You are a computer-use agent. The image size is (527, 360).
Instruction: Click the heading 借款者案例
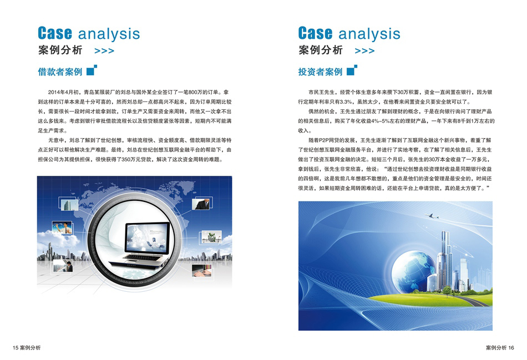[x=60, y=72]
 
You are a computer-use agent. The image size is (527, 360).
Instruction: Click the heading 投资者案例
[x=320, y=72]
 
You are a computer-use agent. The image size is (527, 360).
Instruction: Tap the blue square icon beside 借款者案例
[x=92, y=70]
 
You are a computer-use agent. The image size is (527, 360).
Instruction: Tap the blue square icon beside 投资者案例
[x=352, y=70]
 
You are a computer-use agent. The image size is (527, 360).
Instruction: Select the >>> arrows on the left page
[x=104, y=51]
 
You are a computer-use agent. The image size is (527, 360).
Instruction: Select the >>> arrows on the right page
[x=364, y=51]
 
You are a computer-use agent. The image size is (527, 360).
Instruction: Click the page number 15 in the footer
[x=16, y=348]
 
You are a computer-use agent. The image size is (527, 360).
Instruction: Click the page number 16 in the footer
[x=511, y=348]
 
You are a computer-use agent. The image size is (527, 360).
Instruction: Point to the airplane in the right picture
[x=432, y=216]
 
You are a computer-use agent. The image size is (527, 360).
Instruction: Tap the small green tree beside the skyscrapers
[x=447, y=291]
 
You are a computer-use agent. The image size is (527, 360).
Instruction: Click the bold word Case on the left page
[x=55, y=33]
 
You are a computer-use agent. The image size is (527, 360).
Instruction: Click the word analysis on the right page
[x=369, y=34]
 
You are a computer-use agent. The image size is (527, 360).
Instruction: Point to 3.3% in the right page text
[x=346, y=102]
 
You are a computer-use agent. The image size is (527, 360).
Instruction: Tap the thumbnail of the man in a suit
[x=202, y=204]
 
